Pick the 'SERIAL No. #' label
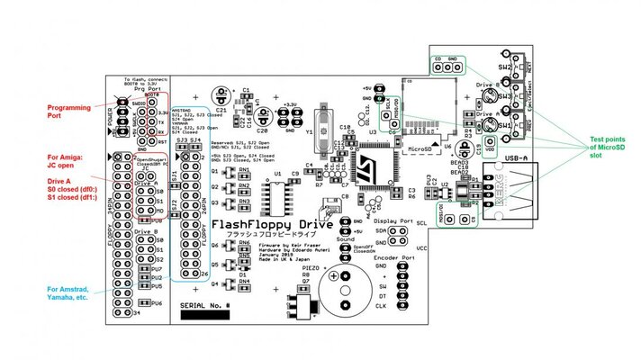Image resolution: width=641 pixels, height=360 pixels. point(205,307)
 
